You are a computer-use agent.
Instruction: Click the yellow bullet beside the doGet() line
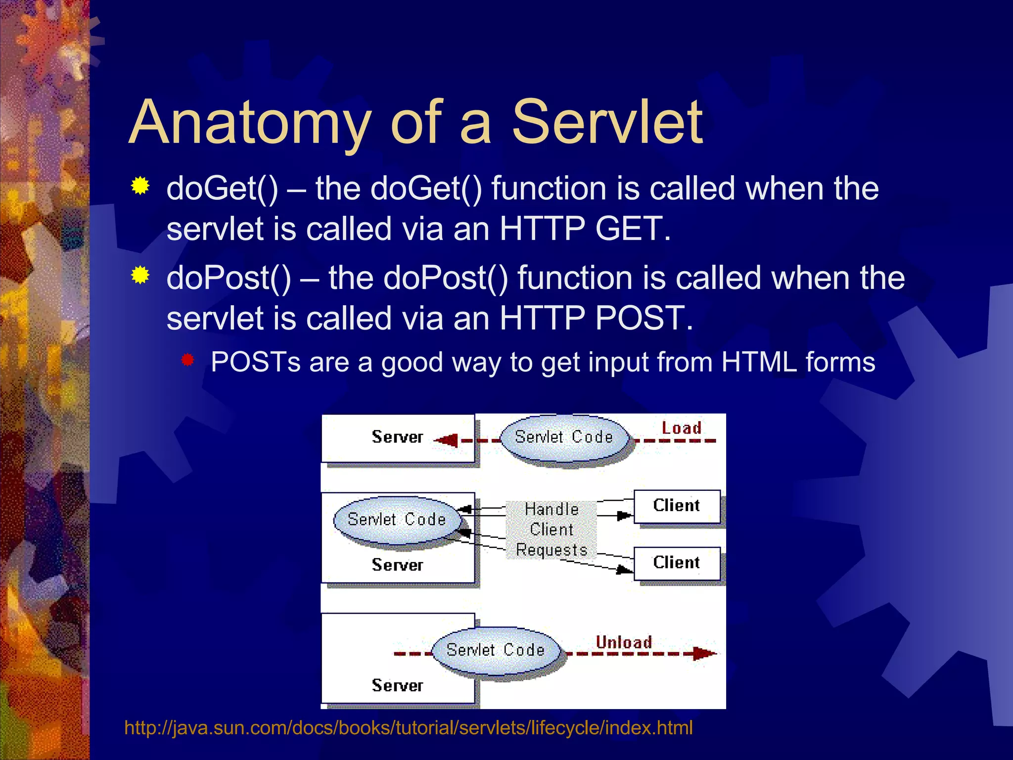coord(140,186)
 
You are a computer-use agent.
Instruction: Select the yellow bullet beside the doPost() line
coord(140,275)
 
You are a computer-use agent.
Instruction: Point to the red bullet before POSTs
coord(187,360)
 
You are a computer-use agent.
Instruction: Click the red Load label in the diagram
coord(681,428)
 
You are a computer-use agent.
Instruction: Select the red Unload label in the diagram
coord(623,642)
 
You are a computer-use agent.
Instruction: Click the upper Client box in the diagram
coord(677,506)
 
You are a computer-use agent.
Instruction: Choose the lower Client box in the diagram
coord(677,563)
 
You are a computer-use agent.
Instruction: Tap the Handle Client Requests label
coord(552,529)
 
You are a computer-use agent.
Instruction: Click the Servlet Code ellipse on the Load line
coord(564,437)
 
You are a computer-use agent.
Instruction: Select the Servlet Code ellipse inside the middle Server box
coord(397,520)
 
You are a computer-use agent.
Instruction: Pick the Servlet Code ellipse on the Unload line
coord(496,650)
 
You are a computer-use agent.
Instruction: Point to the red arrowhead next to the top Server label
coord(447,440)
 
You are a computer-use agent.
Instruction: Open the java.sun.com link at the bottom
coord(408,728)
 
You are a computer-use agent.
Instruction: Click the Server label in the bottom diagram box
coord(397,686)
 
